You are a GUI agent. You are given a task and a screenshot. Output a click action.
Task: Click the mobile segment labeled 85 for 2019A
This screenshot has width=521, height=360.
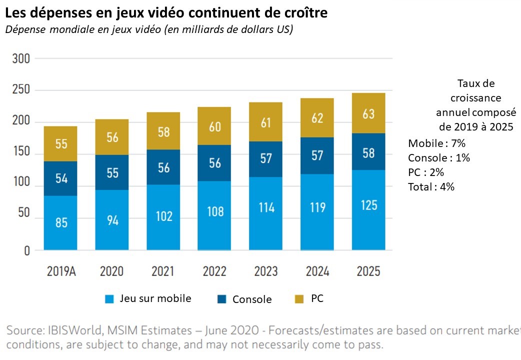coord(61,222)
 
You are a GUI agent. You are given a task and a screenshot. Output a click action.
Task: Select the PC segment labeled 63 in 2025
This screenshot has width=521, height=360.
coord(368,113)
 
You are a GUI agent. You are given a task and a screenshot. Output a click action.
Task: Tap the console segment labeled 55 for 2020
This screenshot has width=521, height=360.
coord(112,172)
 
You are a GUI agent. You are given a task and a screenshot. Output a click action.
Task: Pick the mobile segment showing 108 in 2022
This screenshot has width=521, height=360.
coord(214,215)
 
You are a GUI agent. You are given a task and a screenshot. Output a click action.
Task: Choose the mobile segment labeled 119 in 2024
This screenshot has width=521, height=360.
coord(317,211)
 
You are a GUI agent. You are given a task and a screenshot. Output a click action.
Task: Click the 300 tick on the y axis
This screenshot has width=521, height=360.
coord(21,59)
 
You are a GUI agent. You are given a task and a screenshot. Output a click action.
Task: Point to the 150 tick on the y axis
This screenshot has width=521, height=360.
coord(21,154)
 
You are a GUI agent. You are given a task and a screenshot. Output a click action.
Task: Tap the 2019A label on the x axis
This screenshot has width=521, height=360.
coord(61,271)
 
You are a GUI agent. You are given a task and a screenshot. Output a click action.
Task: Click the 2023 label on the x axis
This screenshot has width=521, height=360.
coord(266,271)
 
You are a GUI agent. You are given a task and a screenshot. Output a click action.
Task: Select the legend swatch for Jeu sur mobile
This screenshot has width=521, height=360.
coord(110,299)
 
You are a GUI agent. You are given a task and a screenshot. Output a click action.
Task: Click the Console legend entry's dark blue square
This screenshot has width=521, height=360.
coord(221,299)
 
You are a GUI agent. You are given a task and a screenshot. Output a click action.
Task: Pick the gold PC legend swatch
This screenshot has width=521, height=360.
coord(299,299)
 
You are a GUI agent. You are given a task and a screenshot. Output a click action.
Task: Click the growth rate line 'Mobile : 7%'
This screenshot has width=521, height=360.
coord(437,144)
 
